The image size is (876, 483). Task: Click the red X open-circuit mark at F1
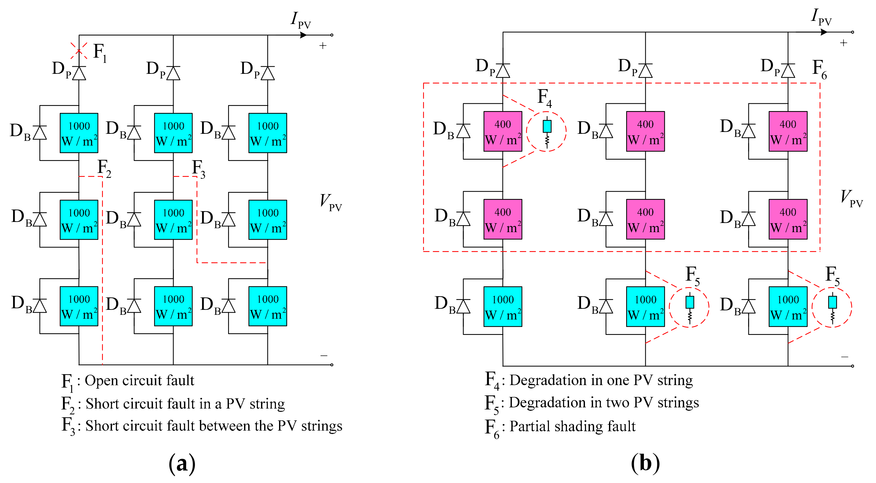coord(79,51)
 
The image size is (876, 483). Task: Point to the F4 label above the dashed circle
coord(544,98)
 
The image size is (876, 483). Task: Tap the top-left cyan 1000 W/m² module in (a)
coord(79,133)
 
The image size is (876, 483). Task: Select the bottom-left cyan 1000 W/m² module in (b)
coord(503,306)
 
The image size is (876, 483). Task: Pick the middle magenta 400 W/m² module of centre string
coord(645,219)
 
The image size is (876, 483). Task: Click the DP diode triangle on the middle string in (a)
coord(173,73)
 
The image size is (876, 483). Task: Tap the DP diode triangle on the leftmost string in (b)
coord(503,71)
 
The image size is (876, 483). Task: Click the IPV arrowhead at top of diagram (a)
coord(304,35)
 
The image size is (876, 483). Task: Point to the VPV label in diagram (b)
coord(850,198)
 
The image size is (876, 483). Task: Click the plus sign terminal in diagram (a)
coord(323,46)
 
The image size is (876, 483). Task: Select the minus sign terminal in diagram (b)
coord(845,357)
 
